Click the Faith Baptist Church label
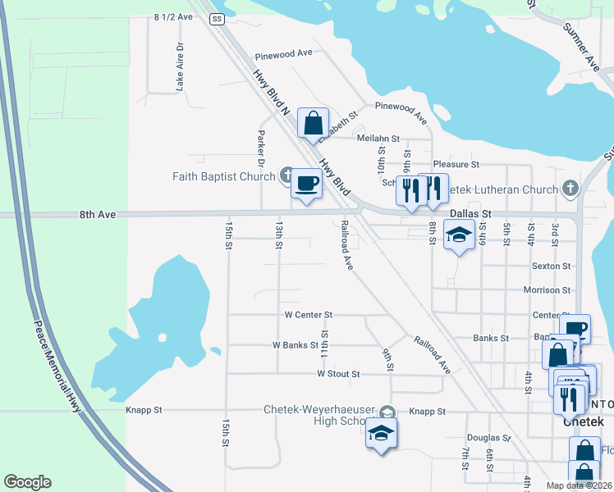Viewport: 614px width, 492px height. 223,176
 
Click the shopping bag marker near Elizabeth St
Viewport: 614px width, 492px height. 313,124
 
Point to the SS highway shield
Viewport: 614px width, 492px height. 217,17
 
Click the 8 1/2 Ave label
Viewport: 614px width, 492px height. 172,16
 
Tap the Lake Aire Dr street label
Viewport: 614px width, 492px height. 178,66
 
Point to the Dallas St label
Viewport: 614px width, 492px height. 470,213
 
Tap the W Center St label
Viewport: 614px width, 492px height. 308,314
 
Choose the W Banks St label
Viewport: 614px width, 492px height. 295,345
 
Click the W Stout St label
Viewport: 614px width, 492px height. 338,374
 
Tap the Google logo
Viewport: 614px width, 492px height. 27,482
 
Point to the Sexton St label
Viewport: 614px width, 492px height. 551,266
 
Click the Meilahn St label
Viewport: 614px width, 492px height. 378,139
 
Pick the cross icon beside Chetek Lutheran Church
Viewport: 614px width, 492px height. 570,189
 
